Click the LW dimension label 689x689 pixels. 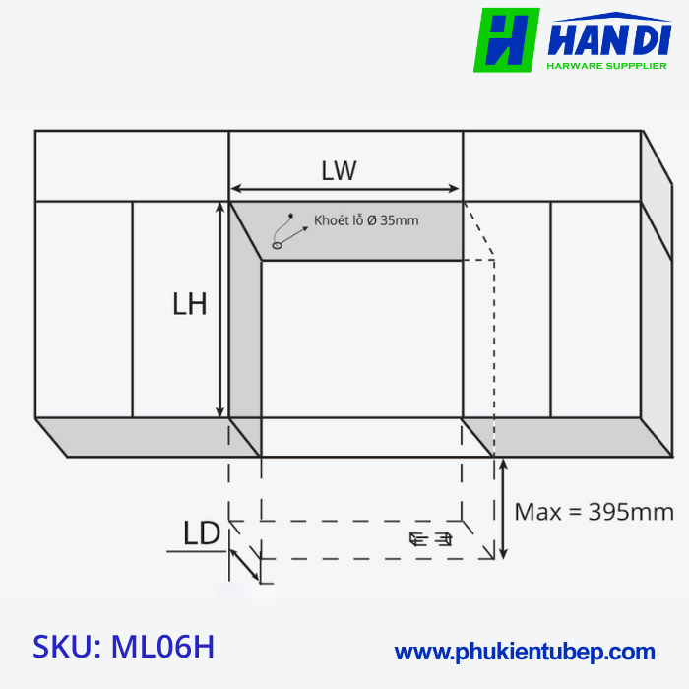coord(339,170)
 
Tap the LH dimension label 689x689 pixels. coord(189,304)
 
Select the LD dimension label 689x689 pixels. coord(201,533)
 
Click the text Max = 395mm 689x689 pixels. coord(595,512)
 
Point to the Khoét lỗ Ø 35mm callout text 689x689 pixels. coord(366,220)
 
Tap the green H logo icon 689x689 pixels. coord(506,40)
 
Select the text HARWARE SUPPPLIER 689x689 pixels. coord(605,67)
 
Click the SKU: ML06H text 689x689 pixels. coord(124,647)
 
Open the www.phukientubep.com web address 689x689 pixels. coord(525,652)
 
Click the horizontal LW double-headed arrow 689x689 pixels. coord(344,190)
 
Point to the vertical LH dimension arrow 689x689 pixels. coord(220,310)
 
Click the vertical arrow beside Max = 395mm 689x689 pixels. coord(504,509)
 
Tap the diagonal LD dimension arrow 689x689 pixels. coord(243,564)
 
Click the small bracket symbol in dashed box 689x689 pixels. coord(430,538)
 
